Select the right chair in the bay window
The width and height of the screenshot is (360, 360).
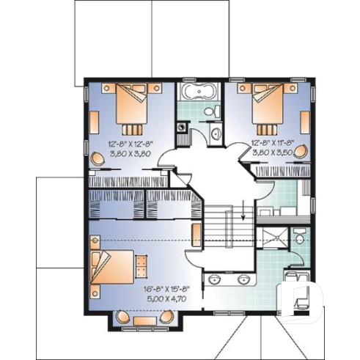pos(167,317)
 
